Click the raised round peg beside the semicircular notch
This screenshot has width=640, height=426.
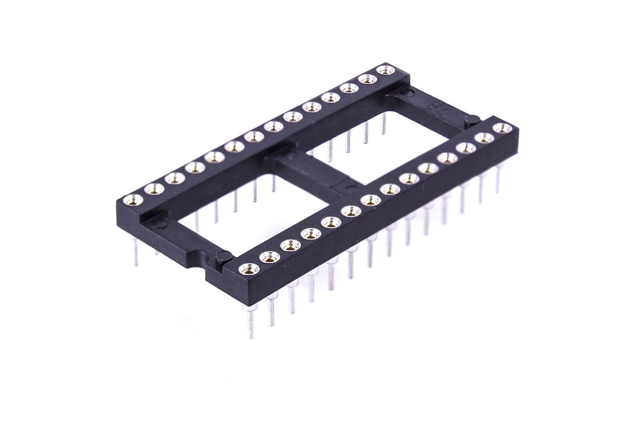coord(225,256)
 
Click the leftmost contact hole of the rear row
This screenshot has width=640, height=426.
coord(134,200)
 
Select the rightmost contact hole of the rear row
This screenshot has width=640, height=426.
coord(383,70)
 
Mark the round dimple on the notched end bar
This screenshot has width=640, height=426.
coord(157,222)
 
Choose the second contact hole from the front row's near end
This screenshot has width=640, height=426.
coord(270,256)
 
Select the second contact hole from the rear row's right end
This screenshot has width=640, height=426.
coord(366,79)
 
